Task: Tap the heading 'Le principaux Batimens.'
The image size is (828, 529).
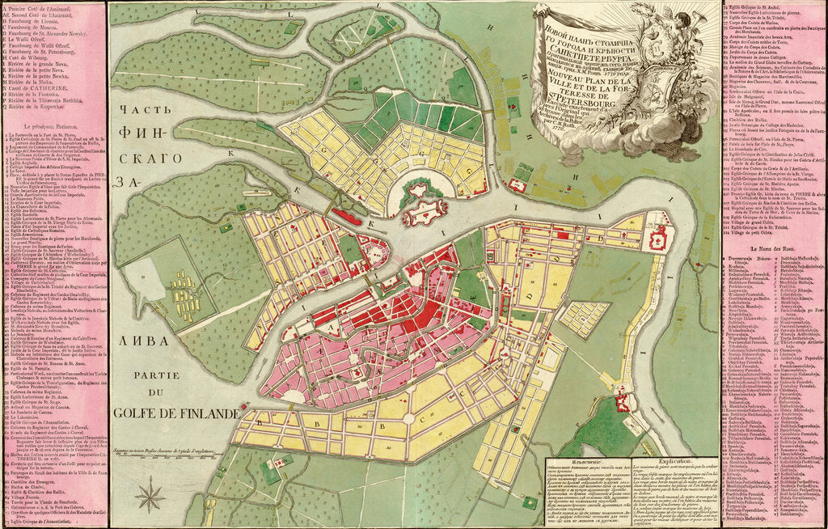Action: (54, 128)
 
